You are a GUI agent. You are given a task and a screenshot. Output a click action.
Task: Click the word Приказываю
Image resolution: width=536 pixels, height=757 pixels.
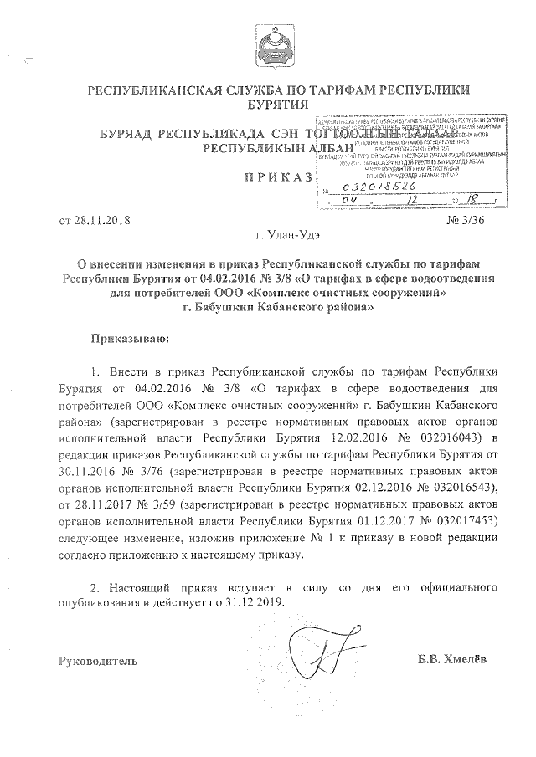point(129,339)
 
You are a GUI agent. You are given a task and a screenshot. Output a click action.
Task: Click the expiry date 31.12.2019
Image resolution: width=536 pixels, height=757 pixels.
point(251,601)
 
